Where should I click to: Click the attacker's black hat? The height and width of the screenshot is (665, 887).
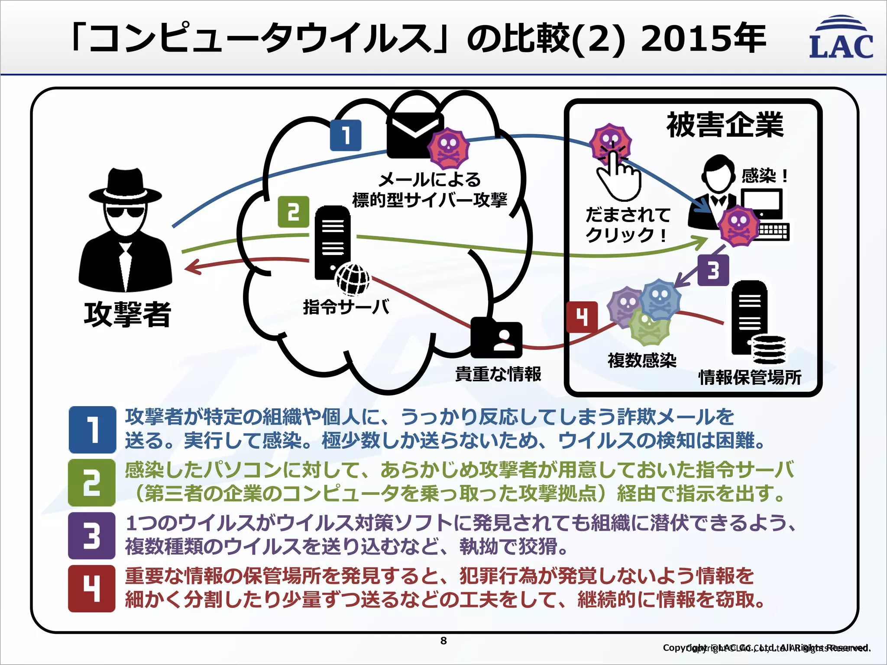(x=125, y=186)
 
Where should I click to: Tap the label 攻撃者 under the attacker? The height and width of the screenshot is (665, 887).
(x=127, y=314)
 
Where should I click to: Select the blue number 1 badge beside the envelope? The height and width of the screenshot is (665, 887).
(x=345, y=136)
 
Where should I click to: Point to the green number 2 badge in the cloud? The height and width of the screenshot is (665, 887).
(x=294, y=212)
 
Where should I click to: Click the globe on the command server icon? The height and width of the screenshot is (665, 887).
(x=353, y=279)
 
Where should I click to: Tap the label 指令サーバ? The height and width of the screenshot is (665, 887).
(x=346, y=307)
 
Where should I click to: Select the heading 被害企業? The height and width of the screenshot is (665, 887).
(x=725, y=125)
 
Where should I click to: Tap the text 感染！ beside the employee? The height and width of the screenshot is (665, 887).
(x=764, y=176)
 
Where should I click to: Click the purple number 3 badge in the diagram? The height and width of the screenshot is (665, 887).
(x=713, y=270)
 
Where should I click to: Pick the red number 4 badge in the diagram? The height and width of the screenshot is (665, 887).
(x=582, y=317)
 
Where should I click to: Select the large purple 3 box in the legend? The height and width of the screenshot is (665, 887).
(x=92, y=536)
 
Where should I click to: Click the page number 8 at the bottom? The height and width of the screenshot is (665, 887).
(x=443, y=641)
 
